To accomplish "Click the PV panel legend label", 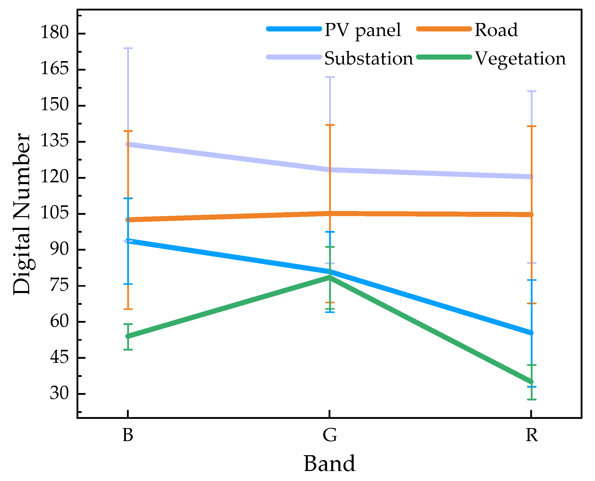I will (x=362, y=30).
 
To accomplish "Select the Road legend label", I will (x=496, y=30).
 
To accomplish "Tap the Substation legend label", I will (x=369, y=59).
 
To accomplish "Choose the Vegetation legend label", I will (x=520, y=59).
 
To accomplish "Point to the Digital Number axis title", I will (x=22, y=214).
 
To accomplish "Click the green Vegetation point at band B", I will (x=128, y=336).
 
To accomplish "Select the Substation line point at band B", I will (x=128, y=144).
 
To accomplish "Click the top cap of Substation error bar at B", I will (x=128, y=48).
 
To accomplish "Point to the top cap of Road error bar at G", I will (x=330, y=125).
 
